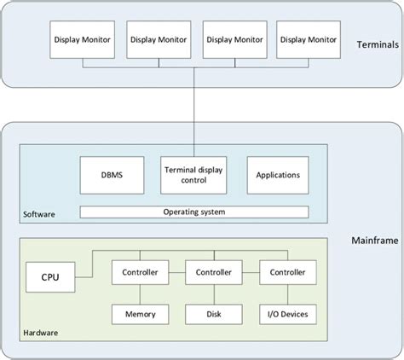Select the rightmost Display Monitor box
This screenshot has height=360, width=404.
tap(309, 39)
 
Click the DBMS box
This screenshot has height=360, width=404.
tap(111, 174)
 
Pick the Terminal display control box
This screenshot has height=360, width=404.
tap(193, 174)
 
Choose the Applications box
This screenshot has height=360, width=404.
tap(278, 174)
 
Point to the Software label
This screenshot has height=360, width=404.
tap(39, 214)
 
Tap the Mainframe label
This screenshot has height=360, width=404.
tap(372, 241)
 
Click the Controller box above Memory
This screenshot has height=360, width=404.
tap(141, 272)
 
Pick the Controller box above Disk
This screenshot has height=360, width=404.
tap(214, 272)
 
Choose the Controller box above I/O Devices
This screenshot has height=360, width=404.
tap(288, 272)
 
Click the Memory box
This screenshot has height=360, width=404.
tap(141, 313)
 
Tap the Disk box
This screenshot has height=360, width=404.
tap(214, 313)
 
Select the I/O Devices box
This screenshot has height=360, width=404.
tap(288, 313)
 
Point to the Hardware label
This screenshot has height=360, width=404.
tap(41, 331)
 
